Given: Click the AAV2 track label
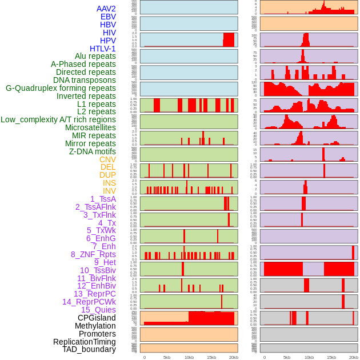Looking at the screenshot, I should [x=106, y=9].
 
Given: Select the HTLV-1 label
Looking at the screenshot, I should [x=102, y=49].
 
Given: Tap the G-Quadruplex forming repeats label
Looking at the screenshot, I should [x=61, y=88].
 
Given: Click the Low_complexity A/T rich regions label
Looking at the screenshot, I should [x=58, y=119].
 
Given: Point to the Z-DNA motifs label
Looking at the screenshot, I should [x=92, y=151].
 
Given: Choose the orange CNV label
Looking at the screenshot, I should [x=107, y=159].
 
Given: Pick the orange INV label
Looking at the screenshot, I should [x=109, y=191].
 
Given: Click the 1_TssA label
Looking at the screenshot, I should [x=103, y=199].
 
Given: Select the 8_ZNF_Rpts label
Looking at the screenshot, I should [x=93, y=254].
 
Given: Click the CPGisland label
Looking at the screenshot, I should [x=97, y=318].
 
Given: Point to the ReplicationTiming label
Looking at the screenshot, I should [x=84, y=342].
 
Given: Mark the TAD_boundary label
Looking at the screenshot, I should [x=89, y=349].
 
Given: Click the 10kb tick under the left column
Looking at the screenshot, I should [x=189, y=357].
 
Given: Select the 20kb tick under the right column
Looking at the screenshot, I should [x=354, y=357].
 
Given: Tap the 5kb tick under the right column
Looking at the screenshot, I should [x=287, y=357].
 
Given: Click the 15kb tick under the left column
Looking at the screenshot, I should [x=211, y=357].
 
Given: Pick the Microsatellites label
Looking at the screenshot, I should [x=90, y=127].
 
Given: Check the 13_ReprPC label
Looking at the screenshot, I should [x=94, y=294].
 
